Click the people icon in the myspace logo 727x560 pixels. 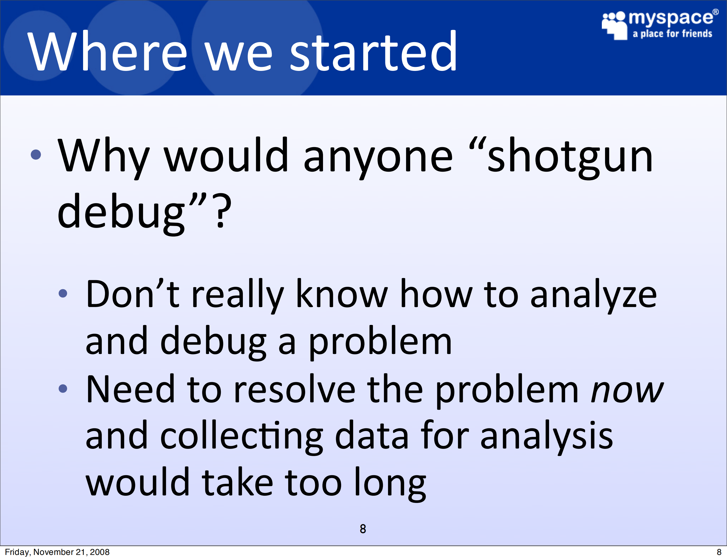tap(615, 26)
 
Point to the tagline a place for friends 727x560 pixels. tap(672, 34)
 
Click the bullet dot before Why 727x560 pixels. tap(36, 154)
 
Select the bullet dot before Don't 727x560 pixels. tap(63, 293)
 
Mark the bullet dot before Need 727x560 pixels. tap(63, 388)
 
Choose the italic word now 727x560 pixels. tap(627, 391)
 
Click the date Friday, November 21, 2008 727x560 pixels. tap(57, 552)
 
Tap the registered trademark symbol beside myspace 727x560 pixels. tap(715, 12)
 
